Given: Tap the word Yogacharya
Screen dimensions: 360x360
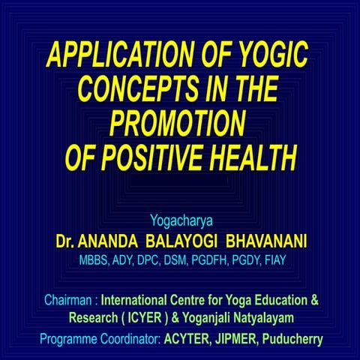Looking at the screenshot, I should (180, 222).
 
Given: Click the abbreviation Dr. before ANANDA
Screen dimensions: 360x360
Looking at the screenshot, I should (66, 242).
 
